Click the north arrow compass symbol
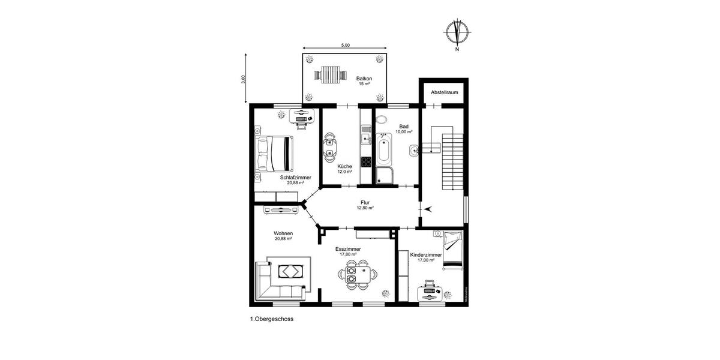tap(458, 32)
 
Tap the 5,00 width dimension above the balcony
tap(346, 46)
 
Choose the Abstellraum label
tap(443, 92)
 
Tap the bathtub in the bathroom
tap(384, 150)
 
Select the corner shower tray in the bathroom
tap(385, 175)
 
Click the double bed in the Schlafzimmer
tap(275, 153)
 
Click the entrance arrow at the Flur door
tap(427, 208)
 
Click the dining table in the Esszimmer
tap(358, 275)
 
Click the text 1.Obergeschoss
tap(272, 320)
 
